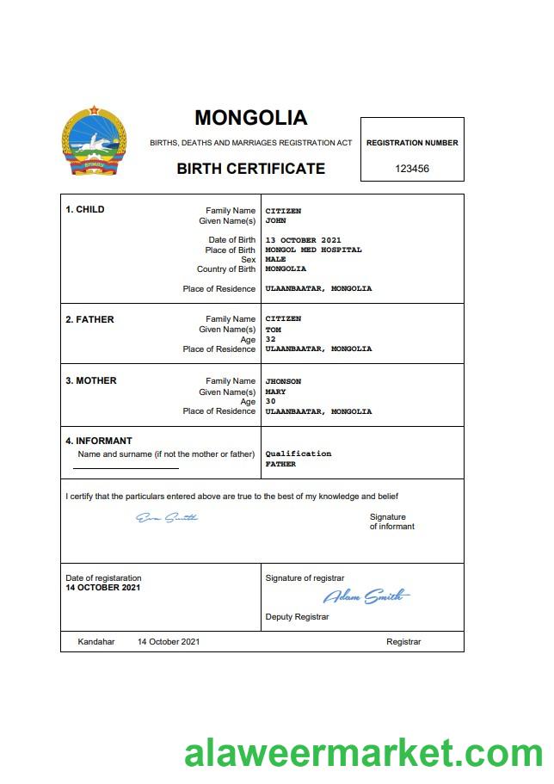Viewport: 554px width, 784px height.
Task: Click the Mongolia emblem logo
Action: point(94,142)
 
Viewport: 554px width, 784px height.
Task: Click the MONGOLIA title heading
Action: point(250,118)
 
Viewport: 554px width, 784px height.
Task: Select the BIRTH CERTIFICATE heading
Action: point(250,169)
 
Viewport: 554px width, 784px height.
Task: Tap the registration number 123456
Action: point(412,169)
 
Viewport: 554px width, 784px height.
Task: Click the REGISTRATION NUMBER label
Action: point(412,143)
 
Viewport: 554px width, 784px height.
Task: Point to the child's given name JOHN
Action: point(275,220)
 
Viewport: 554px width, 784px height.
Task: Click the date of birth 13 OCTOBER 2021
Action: point(304,240)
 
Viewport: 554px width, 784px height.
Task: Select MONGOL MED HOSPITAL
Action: point(313,250)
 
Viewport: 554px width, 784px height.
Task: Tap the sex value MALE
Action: point(275,259)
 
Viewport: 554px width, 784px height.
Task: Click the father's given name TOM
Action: point(273,329)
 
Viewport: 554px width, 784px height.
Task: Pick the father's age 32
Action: point(270,339)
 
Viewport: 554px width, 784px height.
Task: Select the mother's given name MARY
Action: point(275,392)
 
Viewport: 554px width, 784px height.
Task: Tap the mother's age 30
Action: point(270,402)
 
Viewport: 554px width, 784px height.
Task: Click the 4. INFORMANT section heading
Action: point(99,441)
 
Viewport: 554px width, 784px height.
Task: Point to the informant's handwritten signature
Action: point(167,518)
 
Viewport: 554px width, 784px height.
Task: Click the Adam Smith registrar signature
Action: point(366,596)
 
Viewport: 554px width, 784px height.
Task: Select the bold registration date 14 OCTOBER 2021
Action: point(102,588)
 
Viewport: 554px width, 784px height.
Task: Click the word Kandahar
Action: point(95,642)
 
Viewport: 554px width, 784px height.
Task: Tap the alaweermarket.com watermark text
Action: point(363,754)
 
